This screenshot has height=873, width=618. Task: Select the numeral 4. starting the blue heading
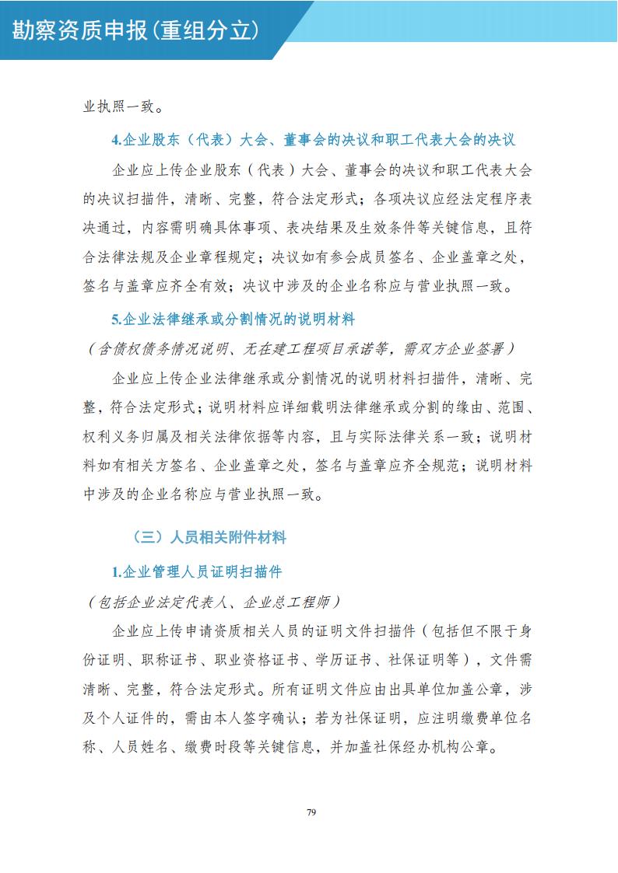pyautogui.click(x=117, y=140)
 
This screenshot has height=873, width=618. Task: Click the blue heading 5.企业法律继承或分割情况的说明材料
pyautogui.click(x=233, y=319)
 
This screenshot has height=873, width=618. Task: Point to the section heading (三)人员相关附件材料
pyautogui.click(x=209, y=537)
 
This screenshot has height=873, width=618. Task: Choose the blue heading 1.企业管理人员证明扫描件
pyautogui.click(x=196, y=572)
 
